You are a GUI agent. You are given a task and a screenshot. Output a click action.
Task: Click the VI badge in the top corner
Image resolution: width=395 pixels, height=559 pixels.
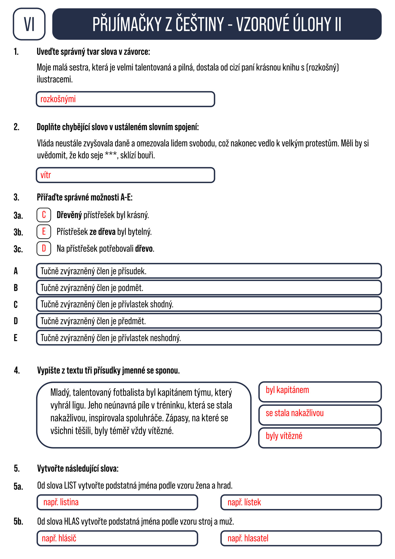coord(29,24)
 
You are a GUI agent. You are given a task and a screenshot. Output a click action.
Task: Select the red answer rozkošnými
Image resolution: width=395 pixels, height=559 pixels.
coord(58,99)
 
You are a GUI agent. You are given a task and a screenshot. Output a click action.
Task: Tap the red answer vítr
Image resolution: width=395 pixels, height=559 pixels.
coord(46,175)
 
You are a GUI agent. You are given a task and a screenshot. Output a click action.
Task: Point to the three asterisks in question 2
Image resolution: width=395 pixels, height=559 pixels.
coord(111,155)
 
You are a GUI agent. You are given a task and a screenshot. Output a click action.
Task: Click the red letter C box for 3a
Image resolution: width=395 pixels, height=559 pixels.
coord(44,215)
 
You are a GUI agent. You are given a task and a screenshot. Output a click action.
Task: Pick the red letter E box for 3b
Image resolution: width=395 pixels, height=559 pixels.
coord(44,232)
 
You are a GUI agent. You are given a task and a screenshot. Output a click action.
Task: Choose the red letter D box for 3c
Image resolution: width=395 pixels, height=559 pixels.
coord(44,248)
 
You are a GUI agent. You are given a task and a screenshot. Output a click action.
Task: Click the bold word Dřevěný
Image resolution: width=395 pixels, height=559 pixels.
coord(69,215)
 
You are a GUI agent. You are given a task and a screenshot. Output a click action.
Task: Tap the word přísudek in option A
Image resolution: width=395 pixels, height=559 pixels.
coord(132,271)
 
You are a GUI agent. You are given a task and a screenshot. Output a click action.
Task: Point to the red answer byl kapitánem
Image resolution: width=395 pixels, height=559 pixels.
coord(287,390)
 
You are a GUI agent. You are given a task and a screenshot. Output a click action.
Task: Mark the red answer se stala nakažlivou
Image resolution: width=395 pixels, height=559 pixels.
coord(294,413)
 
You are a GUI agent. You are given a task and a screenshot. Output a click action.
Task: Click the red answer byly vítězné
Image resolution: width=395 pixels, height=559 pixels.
coord(284,436)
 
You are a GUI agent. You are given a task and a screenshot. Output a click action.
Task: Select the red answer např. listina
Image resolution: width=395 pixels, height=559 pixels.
coord(61,502)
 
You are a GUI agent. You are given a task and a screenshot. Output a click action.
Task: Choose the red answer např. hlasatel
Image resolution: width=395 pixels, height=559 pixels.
coord(248,538)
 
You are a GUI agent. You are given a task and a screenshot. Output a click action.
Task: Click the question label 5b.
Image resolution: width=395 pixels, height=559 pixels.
coord(18,522)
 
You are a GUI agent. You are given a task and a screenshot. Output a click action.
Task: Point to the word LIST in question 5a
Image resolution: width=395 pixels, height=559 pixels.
coord(70,486)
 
